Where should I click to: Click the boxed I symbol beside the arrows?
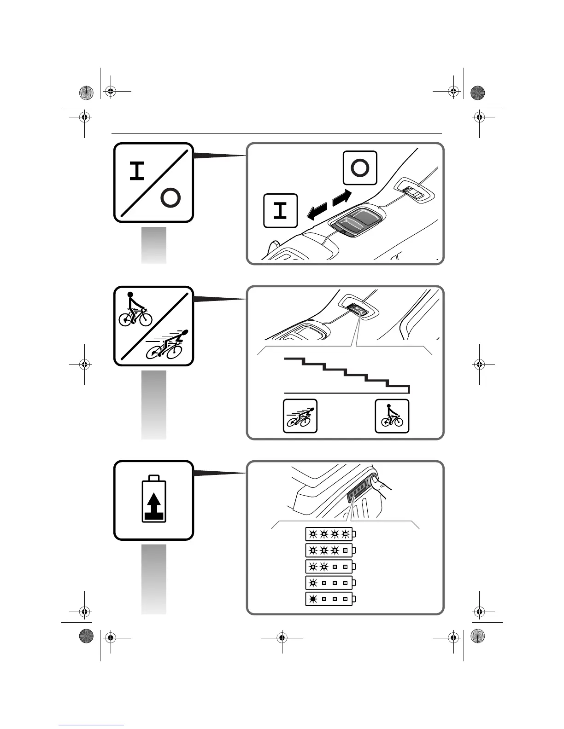[x=280, y=211]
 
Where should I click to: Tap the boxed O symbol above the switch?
[x=360, y=168]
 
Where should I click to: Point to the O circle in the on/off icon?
[x=170, y=198]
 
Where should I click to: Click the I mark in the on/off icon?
[x=137, y=171]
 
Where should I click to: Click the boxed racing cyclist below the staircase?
[x=300, y=416]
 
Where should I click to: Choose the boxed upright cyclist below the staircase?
[x=392, y=416]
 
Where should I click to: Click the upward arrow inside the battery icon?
[x=154, y=505]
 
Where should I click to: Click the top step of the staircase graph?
[x=294, y=358]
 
